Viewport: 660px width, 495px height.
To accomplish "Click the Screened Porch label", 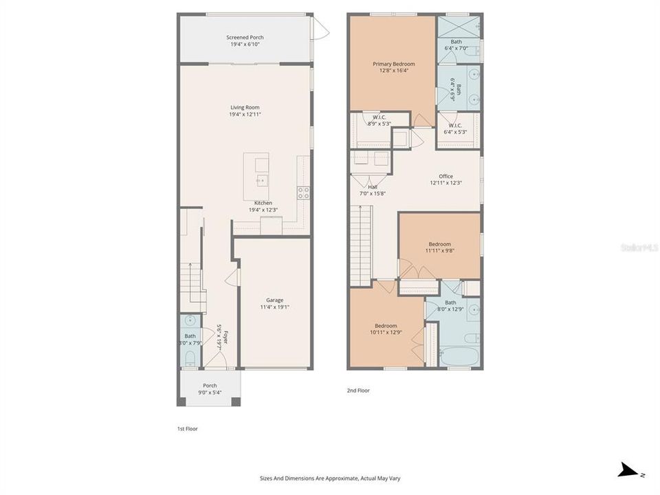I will click(x=245, y=37).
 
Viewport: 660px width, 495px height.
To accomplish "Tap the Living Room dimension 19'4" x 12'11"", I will click(x=245, y=114).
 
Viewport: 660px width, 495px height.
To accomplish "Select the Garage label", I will click(x=275, y=300).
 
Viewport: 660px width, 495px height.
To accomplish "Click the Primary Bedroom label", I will click(x=394, y=64).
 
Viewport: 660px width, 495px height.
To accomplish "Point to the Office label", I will click(x=445, y=176).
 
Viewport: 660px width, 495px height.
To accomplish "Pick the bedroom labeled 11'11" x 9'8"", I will click(x=440, y=244).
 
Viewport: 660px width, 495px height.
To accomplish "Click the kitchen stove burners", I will click(x=303, y=193).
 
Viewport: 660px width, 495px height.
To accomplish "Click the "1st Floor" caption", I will click(x=188, y=428).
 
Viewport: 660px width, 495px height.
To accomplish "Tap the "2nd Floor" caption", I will click(x=358, y=390).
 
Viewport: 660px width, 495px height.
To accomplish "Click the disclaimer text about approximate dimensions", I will click(x=329, y=478).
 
